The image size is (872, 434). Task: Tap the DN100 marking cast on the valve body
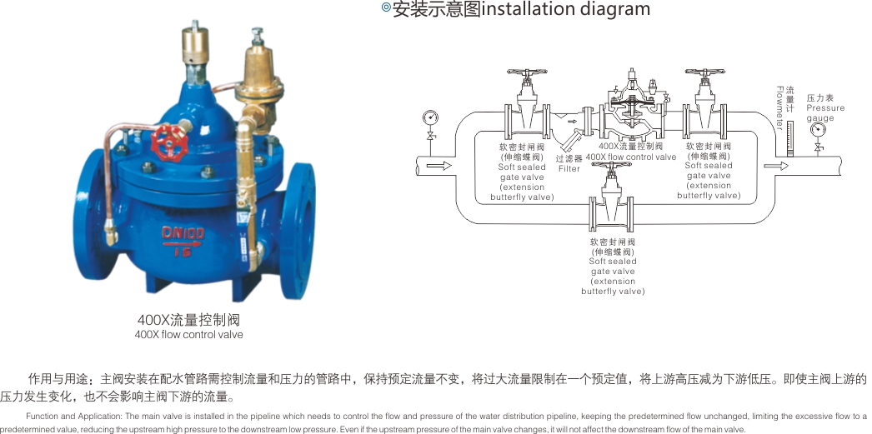click(182, 235)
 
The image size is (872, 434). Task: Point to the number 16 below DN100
click(183, 251)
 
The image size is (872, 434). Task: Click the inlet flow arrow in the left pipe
click(439, 166)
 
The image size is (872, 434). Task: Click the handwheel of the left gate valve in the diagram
click(524, 74)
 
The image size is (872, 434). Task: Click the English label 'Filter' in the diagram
click(569, 169)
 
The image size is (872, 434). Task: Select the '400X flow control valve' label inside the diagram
click(631, 157)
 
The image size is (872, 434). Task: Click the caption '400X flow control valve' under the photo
click(189, 335)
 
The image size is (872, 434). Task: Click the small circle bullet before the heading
click(385, 8)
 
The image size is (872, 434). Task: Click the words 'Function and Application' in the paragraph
click(74, 417)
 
